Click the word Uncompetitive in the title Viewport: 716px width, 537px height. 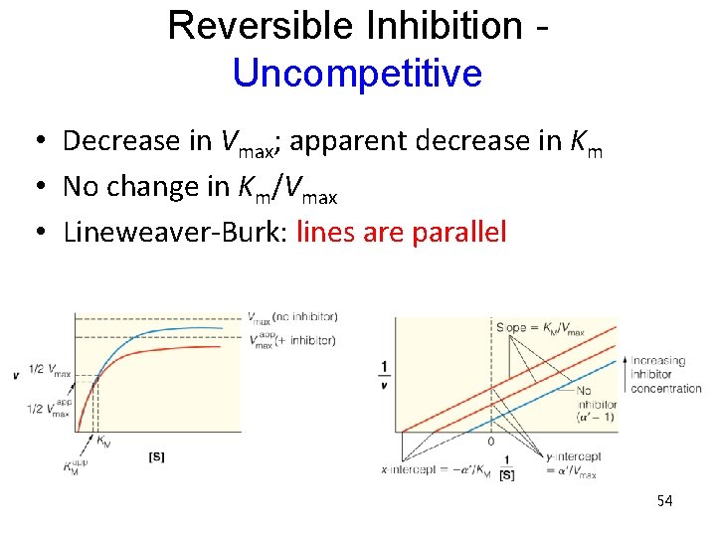coord(356,74)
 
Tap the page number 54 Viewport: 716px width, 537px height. coord(664,501)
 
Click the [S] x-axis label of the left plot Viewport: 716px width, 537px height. coord(156,455)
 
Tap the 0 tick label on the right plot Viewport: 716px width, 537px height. coord(489,441)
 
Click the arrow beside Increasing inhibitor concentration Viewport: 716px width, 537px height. coord(624,374)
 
